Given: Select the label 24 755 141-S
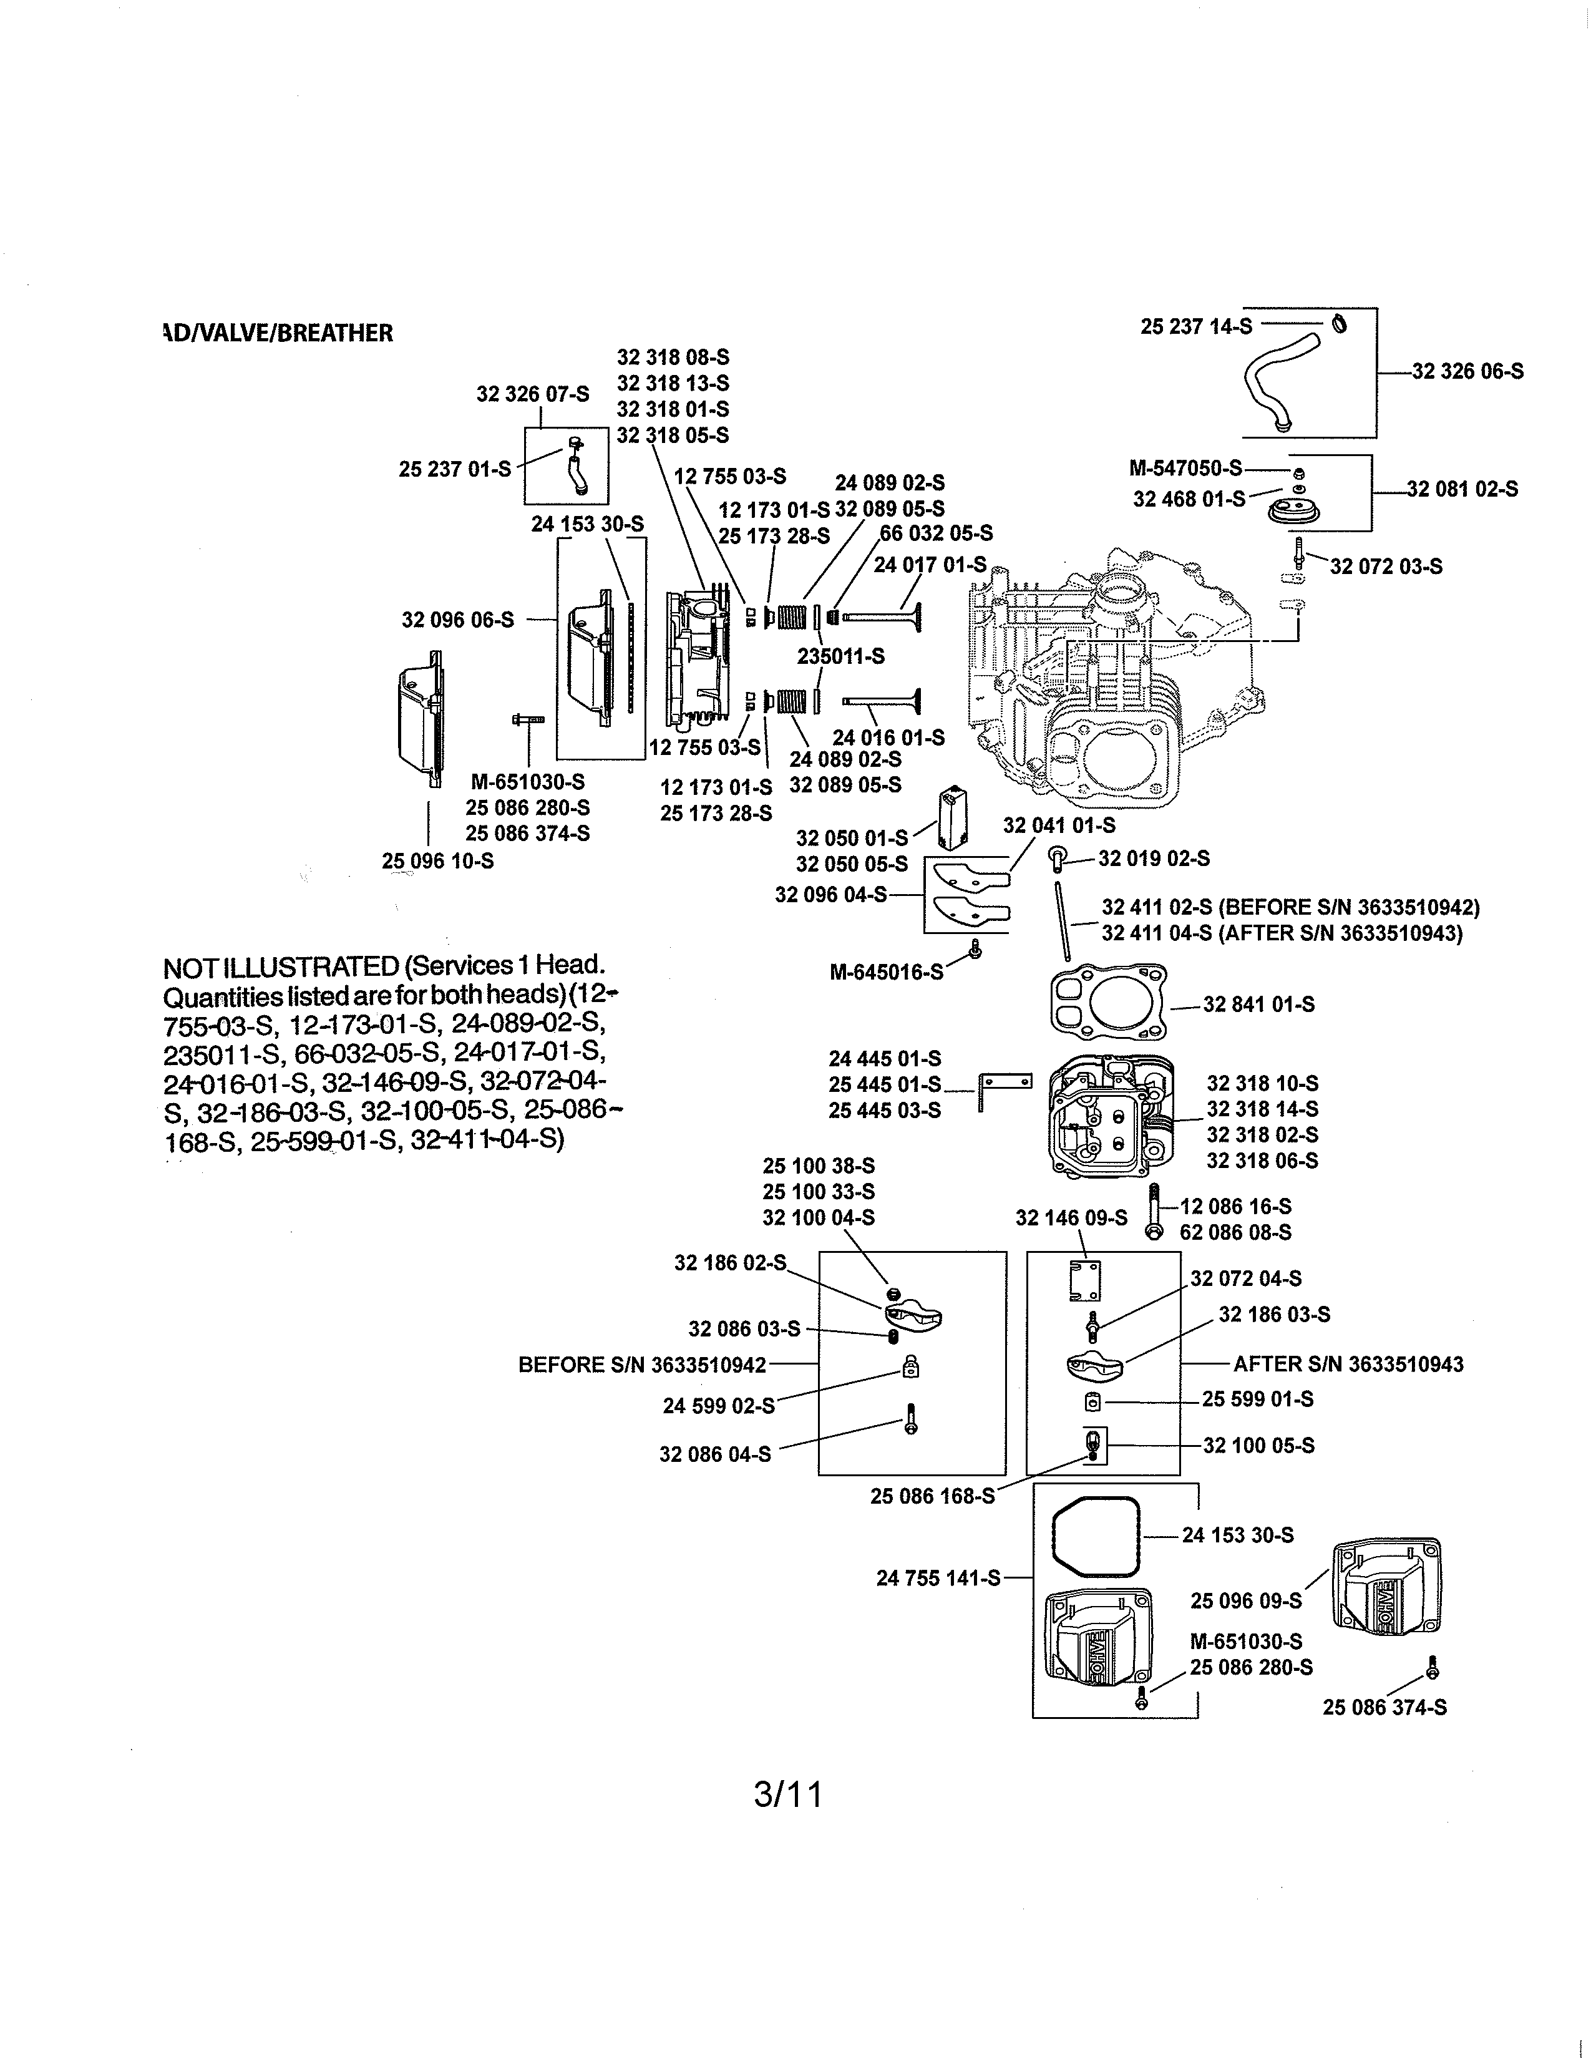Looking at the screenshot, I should (938, 1578).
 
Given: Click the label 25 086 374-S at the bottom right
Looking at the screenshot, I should (1384, 1707).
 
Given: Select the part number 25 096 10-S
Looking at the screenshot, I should (437, 861).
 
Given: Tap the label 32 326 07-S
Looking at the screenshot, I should (533, 394).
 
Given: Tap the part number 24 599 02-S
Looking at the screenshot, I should (718, 1406).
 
